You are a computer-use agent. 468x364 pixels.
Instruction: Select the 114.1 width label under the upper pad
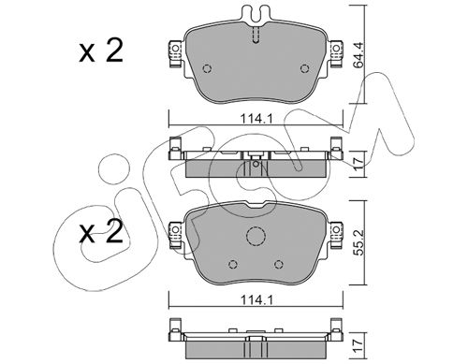pyautogui.click(x=256, y=119)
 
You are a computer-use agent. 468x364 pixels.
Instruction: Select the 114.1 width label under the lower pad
pyautogui.click(x=256, y=300)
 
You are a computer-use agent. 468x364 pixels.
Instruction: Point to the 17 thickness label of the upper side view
pyautogui.click(x=359, y=163)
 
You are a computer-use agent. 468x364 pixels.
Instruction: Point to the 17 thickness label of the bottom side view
pyautogui.click(x=359, y=346)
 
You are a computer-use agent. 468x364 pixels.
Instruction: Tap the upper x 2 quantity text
pyautogui.click(x=101, y=51)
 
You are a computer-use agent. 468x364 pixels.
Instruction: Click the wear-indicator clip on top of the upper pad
pyautogui.click(x=256, y=15)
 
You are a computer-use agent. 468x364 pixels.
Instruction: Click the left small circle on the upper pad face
pyautogui.click(x=207, y=68)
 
